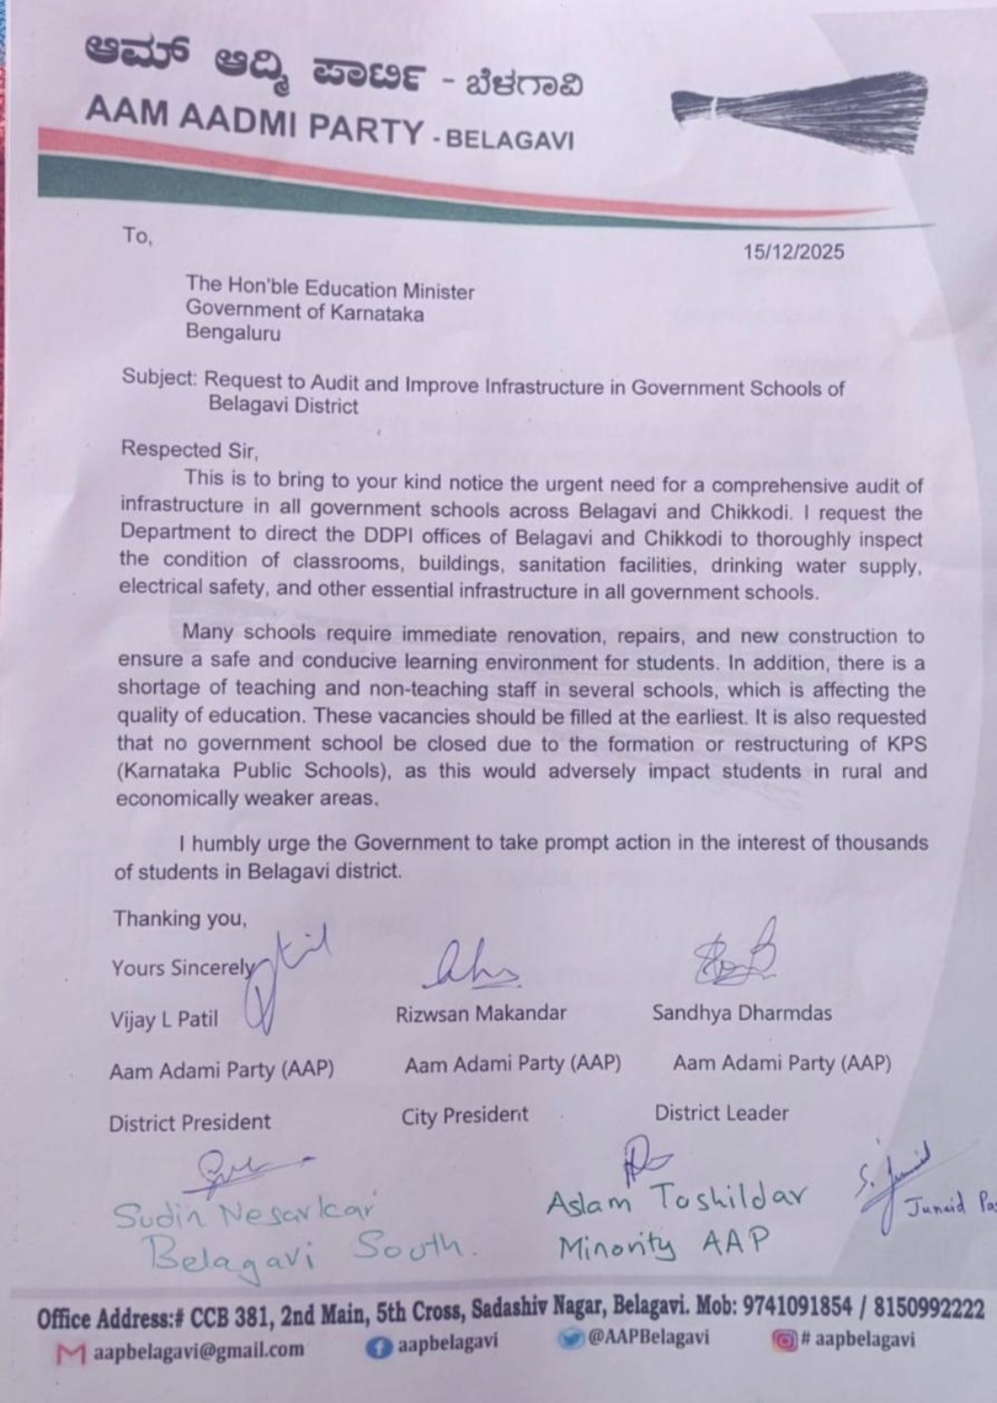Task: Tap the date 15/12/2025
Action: (x=793, y=252)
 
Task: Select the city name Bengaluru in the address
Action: (x=233, y=333)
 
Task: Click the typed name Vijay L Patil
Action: (x=164, y=1020)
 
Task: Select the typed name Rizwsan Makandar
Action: (x=481, y=1013)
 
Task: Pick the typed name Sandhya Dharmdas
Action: (x=741, y=1013)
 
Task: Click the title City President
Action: (x=464, y=1116)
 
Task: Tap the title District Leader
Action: (x=721, y=1113)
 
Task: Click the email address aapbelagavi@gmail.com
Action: (x=198, y=1350)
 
